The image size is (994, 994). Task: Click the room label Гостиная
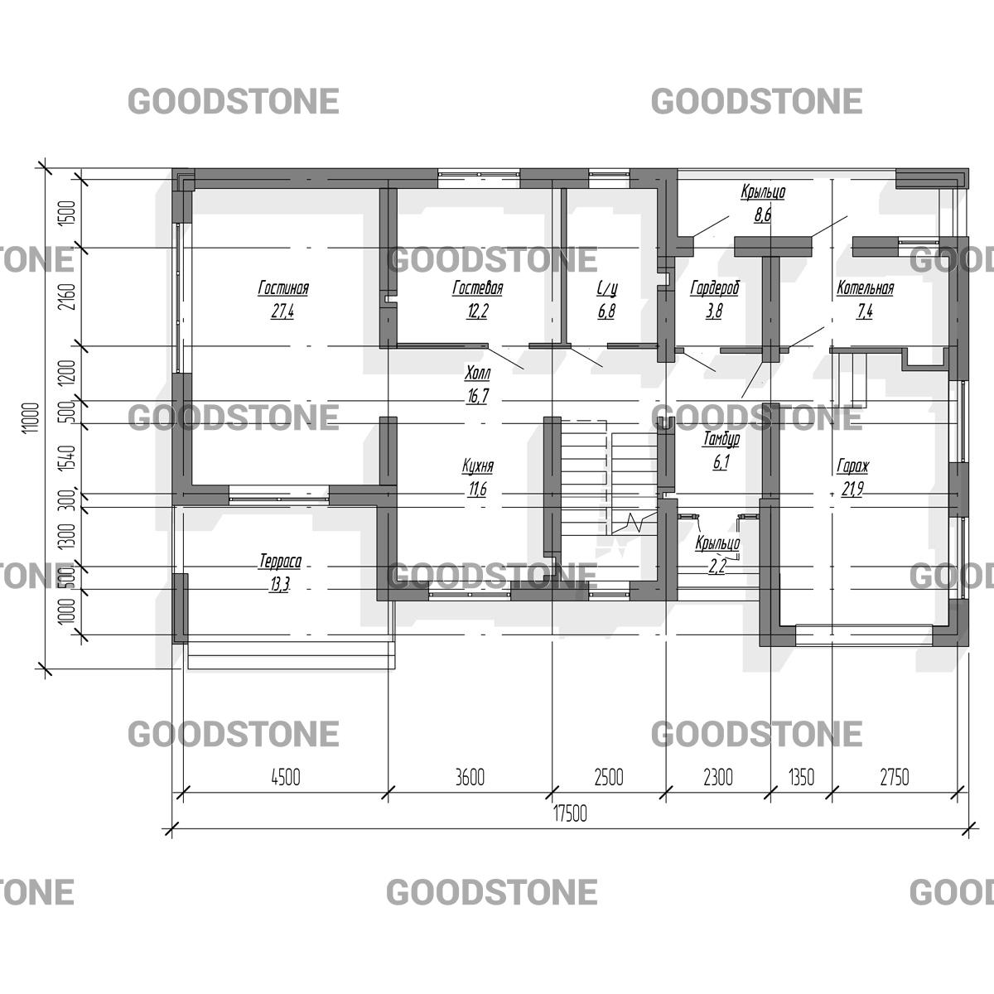[x=283, y=287]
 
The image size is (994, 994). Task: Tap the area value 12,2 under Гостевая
[x=477, y=311]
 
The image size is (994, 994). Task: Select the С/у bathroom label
[x=606, y=288]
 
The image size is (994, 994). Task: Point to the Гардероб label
[x=714, y=287]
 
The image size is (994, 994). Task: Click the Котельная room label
[x=865, y=287]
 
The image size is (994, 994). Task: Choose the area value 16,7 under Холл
[x=477, y=396]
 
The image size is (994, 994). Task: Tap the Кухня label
[x=478, y=466]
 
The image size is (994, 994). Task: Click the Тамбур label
[x=721, y=439]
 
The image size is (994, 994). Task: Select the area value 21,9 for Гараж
[x=852, y=489]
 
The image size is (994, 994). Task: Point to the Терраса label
[x=280, y=562]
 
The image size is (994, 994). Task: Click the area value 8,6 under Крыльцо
[x=763, y=215]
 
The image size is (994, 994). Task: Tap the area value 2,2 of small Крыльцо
[x=717, y=567]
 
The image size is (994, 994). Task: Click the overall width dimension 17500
[x=570, y=814]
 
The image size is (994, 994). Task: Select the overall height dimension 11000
[x=32, y=418]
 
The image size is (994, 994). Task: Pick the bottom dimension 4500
[x=286, y=777]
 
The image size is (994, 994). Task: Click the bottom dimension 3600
[x=470, y=777]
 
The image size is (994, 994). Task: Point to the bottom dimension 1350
[x=802, y=777]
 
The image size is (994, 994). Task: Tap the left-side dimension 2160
[x=69, y=297]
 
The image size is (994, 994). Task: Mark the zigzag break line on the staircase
[x=634, y=523]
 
